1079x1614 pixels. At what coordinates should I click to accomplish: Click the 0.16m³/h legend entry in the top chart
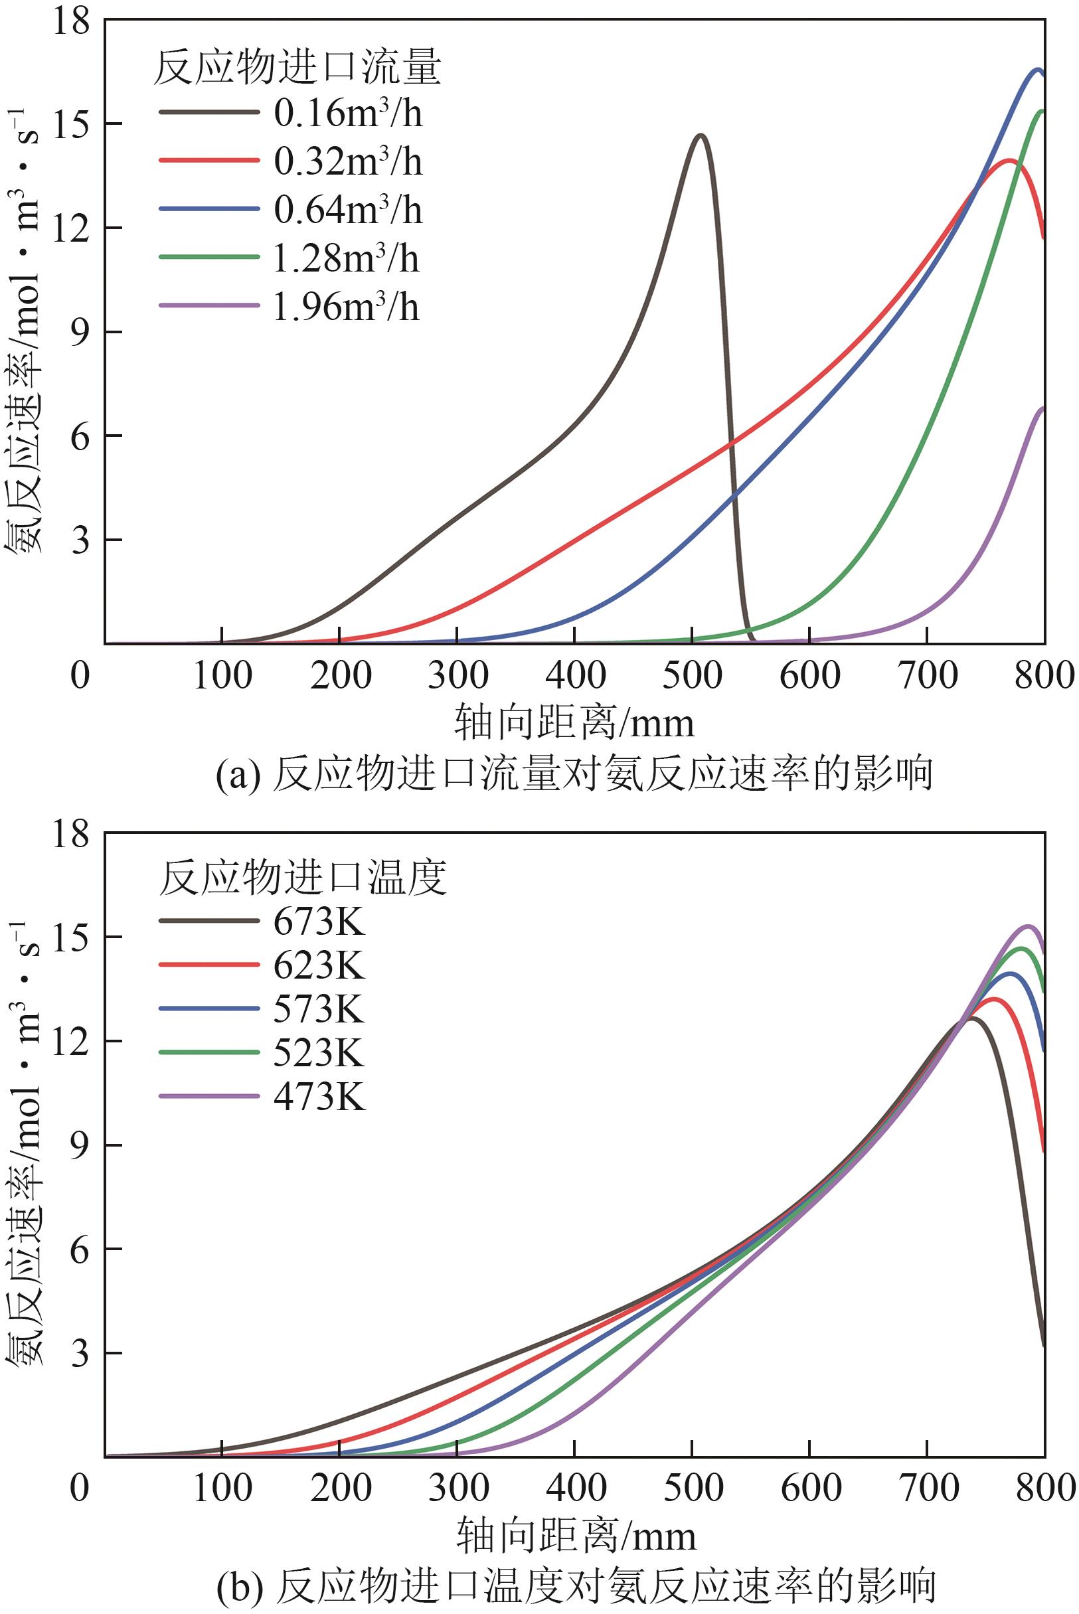[347, 114]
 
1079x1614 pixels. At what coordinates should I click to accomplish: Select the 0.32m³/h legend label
[347, 163]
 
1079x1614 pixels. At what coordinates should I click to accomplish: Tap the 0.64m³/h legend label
[347, 210]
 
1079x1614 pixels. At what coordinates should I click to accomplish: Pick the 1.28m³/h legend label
[346, 259]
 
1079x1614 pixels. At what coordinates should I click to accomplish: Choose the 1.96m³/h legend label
[346, 307]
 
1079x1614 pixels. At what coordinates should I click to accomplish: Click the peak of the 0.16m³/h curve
[701, 135]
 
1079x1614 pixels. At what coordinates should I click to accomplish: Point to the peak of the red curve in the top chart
[1009, 160]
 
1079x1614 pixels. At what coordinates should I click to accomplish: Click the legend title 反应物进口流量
[297, 70]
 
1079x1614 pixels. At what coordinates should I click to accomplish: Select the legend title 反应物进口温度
[303, 878]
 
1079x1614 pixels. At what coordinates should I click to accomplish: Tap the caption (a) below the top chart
[574, 775]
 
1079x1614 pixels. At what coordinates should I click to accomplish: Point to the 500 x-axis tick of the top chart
[693, 677]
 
